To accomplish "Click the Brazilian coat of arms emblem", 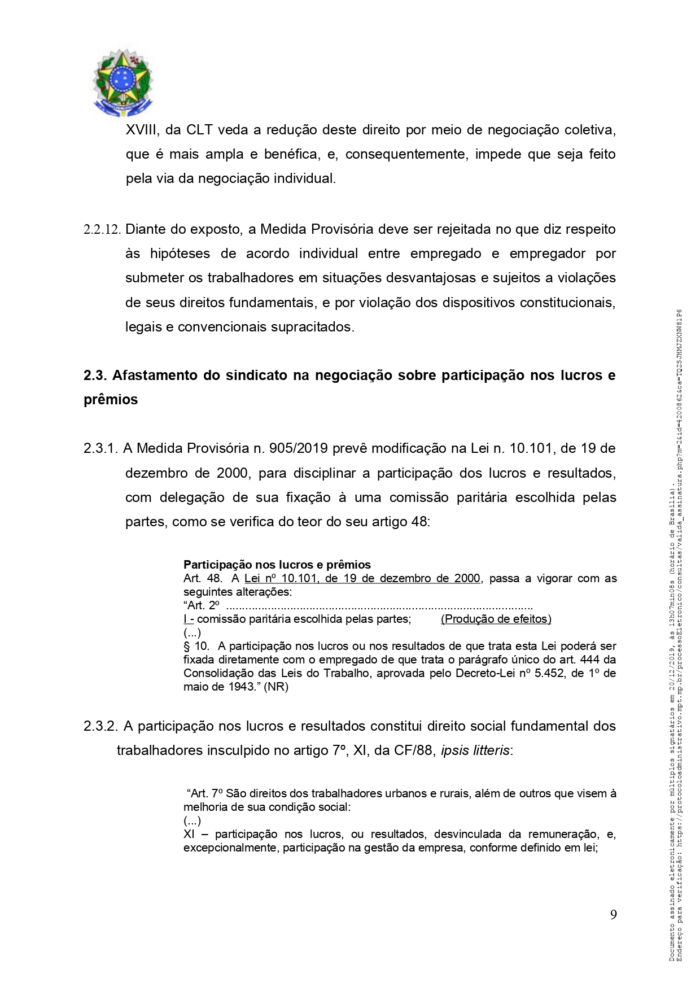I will click(123, 82).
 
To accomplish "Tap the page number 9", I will click(613, 915).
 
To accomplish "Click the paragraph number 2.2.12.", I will click(102, 230).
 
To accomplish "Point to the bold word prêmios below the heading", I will click(111, 400).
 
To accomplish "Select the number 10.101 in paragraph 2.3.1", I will click(528, 448).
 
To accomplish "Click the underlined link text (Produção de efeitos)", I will click(496, 619).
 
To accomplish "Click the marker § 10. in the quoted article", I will click(196, 646).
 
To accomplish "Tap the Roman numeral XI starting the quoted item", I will click(189, 834).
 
